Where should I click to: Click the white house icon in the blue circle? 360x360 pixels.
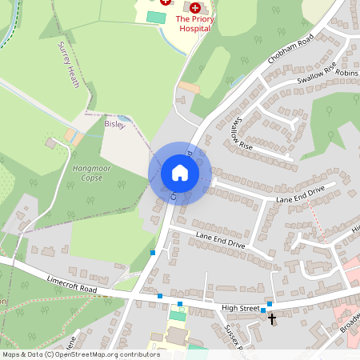tap(179, 173)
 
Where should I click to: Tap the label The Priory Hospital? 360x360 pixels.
tap(193, 23)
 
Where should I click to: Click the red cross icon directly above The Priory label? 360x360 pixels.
tap(194, 6)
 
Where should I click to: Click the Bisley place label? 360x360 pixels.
tap(115, 125)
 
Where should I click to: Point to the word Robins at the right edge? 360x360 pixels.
tap(347, 72)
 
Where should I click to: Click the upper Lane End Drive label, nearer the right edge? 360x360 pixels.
tap(301, 193)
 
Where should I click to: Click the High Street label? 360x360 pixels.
tap(241, 308)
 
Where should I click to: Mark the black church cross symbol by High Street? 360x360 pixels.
tap(272, 318)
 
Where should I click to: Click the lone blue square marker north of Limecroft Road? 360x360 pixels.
tap(153, 253)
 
